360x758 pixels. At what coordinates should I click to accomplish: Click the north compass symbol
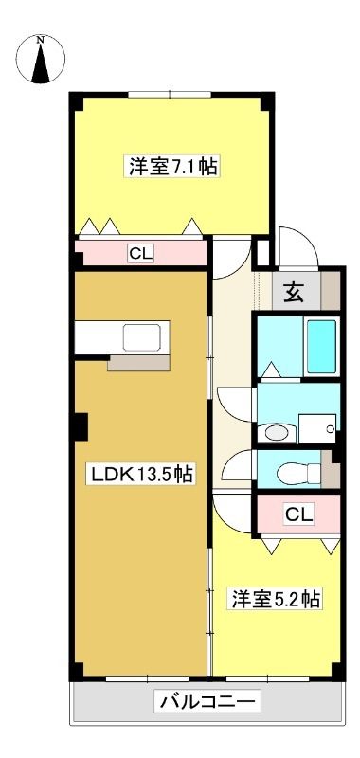pyautogui.click(x=41, y=60)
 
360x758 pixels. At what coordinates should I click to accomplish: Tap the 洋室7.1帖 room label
pyautogui.click(x=172, y=167)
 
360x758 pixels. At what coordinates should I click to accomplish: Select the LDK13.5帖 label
pyautogui.click(x=140, y=475)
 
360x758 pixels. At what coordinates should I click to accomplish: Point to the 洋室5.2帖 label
pyautogui.click(x=276, y=600)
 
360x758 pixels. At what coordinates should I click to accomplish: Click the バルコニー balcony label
pyautogui.click(x=207, y=700)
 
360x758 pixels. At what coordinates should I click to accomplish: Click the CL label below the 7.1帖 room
pyautogui.click(x=140, y=253)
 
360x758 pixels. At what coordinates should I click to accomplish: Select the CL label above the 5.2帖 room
pyautogui.click(x=299, y=514)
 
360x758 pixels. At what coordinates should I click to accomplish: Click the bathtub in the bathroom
pyautogui.click(x=322, y=346)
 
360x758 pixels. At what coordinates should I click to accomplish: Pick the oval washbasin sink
pyautogui.click(x=276, y=432)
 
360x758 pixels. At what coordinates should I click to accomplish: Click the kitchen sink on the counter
pyautogui.click(x=141, y=337)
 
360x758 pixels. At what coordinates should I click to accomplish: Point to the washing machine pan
pyautogui.click(x=317, y=428)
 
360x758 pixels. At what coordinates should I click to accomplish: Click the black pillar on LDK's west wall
pyautogui.click(x=81, y=426)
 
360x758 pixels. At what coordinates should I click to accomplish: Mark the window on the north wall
pyautogui.click(x=170, y=95)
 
